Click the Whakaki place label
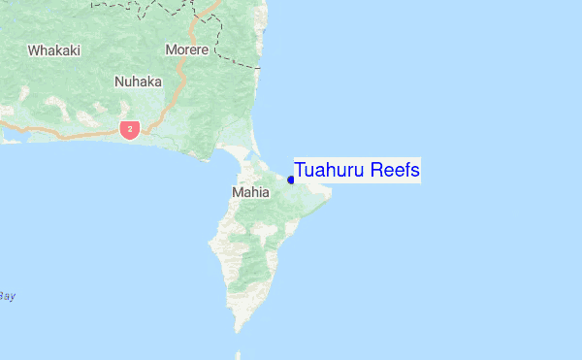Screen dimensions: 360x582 click(54, 49)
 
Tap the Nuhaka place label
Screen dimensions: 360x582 click(138, 82)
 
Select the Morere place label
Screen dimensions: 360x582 click(187, 49)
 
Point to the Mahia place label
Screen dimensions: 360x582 click(250, 193)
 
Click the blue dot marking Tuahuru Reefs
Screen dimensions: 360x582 click(291, 180)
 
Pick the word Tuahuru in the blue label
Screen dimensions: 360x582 click(330, 171)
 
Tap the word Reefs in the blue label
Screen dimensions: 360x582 click(395, 171)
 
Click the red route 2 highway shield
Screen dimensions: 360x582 click(129, 128)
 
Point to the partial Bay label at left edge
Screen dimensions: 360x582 click(8, 296)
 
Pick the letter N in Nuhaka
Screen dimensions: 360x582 click(118, 82)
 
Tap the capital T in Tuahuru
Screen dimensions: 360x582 click(300, 171)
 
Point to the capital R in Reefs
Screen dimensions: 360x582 click(376, 171)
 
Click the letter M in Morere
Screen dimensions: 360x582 click(171, 49)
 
